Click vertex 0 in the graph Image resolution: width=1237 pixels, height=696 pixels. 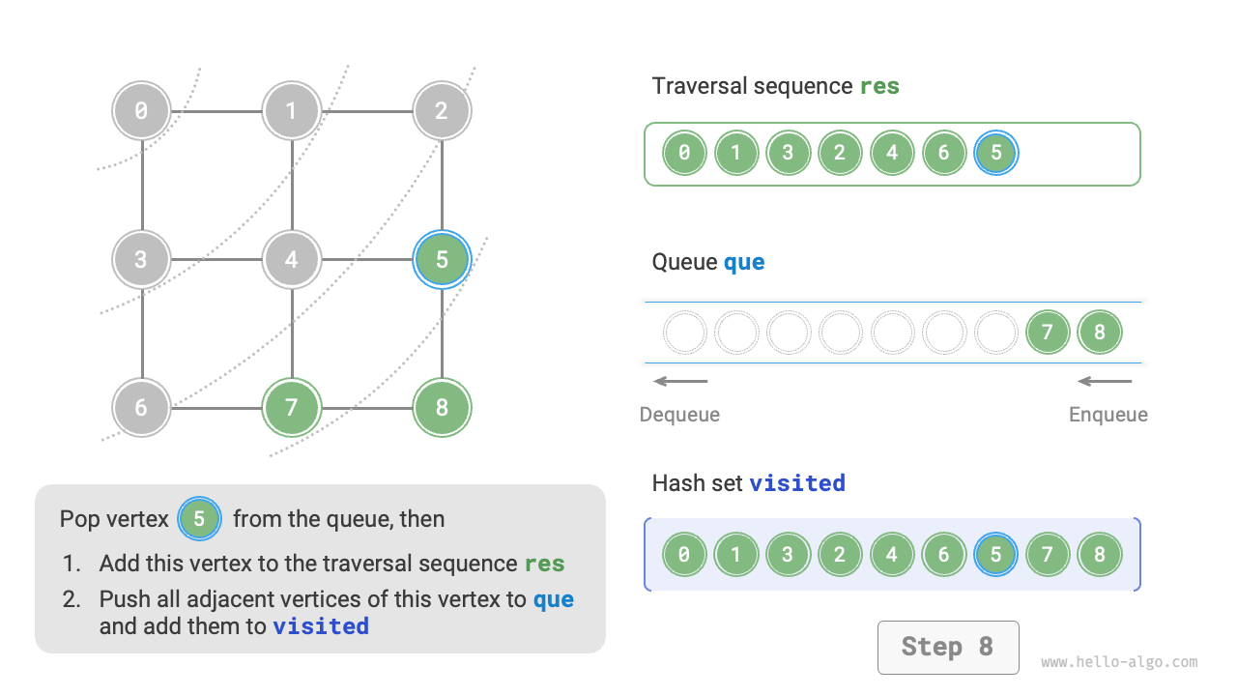pyautogui.click(x=141, y=110)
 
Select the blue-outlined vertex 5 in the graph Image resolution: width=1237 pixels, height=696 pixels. pyautogui.click(x=442, y=259)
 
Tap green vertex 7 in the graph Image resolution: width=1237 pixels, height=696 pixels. pyautogui.click(x=292, y=407)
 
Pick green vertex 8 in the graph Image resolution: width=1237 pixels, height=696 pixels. pyautogui.click(x=442, y=407)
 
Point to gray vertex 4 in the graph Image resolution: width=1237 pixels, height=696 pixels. pyautogui.click(x=292, y=259)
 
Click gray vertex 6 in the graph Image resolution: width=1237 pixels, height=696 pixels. pyautogui.click(x=141, y=407)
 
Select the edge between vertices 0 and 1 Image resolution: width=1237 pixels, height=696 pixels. pyautogui.click(x=216, y=110)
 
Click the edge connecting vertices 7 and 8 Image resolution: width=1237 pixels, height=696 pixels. pyautogui.click(x=367, y=407)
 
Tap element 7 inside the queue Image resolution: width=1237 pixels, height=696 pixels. pyautogui.click(x=1048, y=333)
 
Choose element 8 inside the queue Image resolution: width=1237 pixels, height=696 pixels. pyautogui.click(x=1100, y=333)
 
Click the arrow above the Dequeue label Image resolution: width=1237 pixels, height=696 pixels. pyautogui.click(x=680, y=381)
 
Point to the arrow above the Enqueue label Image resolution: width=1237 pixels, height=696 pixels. pyautogui.click(x=1105, y=381)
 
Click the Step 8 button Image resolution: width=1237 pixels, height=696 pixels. pyautogui.click(x=947, y=647)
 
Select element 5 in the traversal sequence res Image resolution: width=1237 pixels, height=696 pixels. pyautogui.click(x=996, y=153)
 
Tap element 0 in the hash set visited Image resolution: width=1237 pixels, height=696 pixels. pyautogui.click(x=684, y=555)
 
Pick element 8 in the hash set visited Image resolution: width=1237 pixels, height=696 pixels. pyautogui.click(x=1100, y=555)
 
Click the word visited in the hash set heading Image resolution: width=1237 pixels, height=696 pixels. pyautogui.click(x=797, y=482)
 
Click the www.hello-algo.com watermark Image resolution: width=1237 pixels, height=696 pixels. pyautogui.click(x=1119, y=662)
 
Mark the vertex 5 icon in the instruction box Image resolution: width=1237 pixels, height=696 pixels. pyautogui.click(x=199, y=519)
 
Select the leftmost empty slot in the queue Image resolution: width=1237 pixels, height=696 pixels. pyautogui.click(x=685, y=333)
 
